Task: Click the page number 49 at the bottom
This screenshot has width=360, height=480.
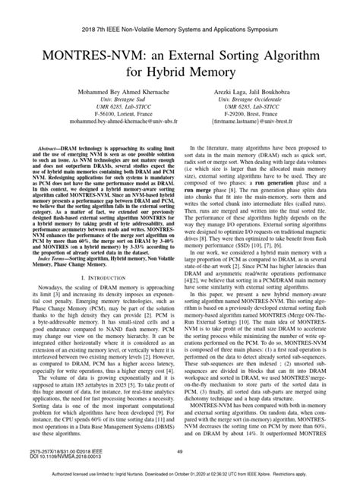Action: pos(180,451)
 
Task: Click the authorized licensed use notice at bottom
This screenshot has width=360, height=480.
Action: pos(180,472)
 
